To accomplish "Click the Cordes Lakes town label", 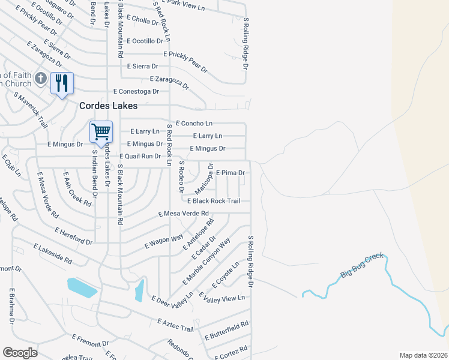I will coord(109,106).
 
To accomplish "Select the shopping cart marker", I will coord(101,131).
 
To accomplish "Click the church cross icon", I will coord(41,78).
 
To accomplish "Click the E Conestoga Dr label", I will coord(136,92).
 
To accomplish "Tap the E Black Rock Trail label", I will coord(214,201).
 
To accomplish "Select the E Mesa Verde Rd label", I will coord(183,214).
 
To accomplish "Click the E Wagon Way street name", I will coord(164,242).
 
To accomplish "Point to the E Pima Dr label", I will coord(230,173).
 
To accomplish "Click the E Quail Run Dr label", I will coord(140,156).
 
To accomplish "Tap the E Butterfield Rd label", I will coord(226,330).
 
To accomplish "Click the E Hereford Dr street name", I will coord(73,236).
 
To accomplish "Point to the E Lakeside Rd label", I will coord(52,254).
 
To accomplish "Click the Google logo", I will coord(20,352).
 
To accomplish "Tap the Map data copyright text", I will coord(423,355).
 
